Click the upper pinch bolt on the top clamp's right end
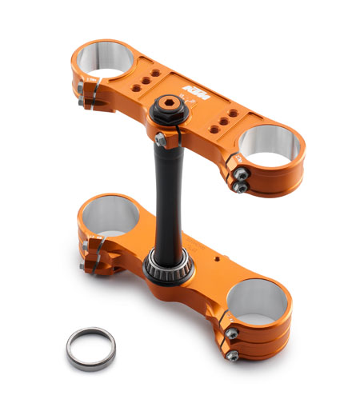[x=238, y=171]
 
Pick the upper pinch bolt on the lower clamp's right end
[x=230, y=333]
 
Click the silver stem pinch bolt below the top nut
[x=161, y=139]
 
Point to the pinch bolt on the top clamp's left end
[x=84, y=100]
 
